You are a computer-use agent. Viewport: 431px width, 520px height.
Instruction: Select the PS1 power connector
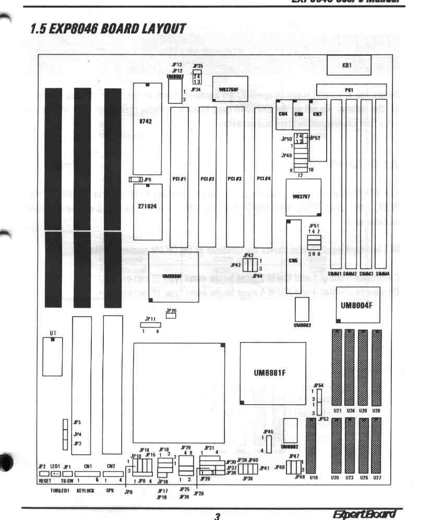point(351,90)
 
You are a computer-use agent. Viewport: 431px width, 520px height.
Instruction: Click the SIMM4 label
point(382,273)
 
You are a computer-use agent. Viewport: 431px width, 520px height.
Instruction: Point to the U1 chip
point(54,360)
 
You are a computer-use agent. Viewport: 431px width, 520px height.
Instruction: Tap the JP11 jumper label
point(150,318)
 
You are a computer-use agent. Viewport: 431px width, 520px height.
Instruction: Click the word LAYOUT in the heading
point(159,30)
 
